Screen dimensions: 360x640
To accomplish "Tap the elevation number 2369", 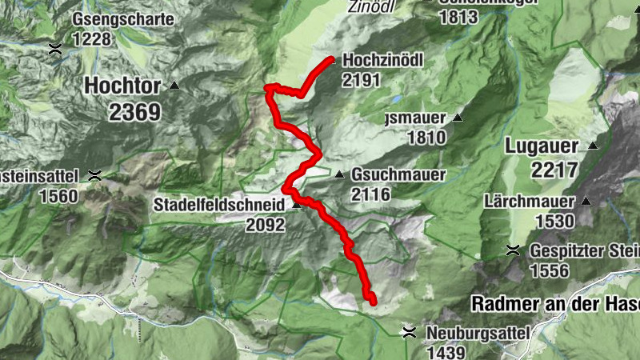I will coord(135,111).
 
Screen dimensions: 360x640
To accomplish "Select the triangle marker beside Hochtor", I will coord(174,85).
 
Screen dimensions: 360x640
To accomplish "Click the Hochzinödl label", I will coord(382,60).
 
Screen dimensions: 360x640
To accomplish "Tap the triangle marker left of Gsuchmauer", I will coord(339,174).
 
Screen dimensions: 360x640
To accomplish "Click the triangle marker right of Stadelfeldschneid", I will coord(297,205).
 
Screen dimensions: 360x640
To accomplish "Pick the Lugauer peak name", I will coord(541,146).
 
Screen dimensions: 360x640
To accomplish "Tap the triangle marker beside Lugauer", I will coord(593,146).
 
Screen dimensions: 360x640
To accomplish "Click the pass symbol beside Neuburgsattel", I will coord(410,331).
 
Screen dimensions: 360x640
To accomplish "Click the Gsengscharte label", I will coord(122,18).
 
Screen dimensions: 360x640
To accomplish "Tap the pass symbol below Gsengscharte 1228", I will coord(55,48).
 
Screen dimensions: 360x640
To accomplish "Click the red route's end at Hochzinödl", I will coord(331,59).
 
